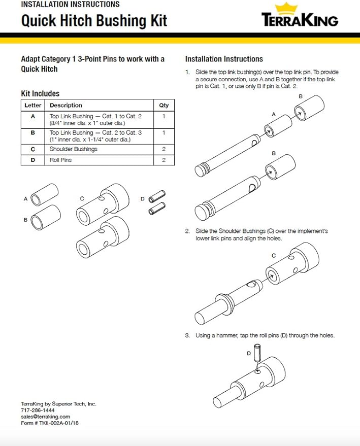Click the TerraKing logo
pyautogui.click(x=300, y=16)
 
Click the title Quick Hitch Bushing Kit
pyautogui.click(x=94, y=21)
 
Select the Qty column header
pyautogui.click(x=163, y=105)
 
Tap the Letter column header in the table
pyautogui.click(x=33, y=105)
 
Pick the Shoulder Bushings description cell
pyautogui.click(x=74, y=149)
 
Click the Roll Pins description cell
pyautogui.click(x=61, y=160)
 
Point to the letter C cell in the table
pyautogui.click(x=33, y=149)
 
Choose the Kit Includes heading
pyautogui.click(x=40, y=93)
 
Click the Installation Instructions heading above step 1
pyautogui.click(x=224, y=59)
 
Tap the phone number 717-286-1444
pyautogui.click(x=38, y=410)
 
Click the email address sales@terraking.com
pyautogui.click(x=45, y=416)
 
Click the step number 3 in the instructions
pyautogui.click(x=187, y=335)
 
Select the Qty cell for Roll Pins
pyautogui.click(x=163, y=160)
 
